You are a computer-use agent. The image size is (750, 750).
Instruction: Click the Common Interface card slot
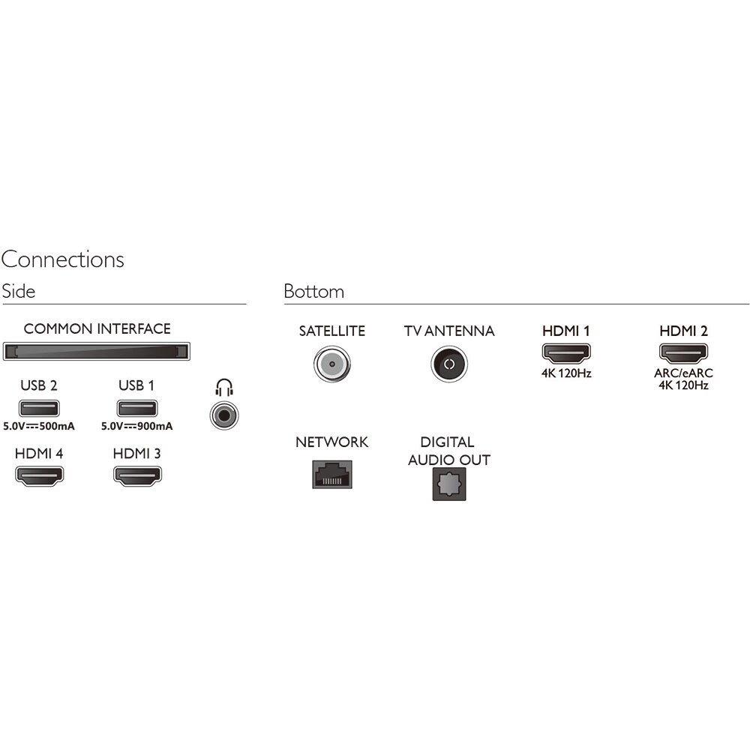[x=97, y=352]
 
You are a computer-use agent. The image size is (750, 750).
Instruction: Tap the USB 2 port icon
[x=39, y=409]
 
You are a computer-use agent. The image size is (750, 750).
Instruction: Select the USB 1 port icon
[x=137, y=409]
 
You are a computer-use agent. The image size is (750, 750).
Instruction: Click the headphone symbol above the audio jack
[x=224, y=388]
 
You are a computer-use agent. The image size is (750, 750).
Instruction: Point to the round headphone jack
[x=224, y=415]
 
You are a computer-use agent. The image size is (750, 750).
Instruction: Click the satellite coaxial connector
[x=332, y=364]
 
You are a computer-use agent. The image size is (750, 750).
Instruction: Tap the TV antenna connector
[x=449, y=364]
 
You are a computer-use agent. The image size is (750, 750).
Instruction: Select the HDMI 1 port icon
[x=566, y=353]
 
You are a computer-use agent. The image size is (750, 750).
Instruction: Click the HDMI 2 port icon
[x=683, y=353]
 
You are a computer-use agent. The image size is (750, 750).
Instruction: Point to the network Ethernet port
[x=332, y=475]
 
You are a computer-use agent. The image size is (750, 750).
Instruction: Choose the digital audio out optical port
[x=449, y=484]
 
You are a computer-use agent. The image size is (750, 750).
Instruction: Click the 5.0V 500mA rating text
[x=39, y=426]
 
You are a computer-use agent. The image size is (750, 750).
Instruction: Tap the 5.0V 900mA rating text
[x=137, y=426]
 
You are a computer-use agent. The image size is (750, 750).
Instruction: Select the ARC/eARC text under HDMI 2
[x=683, y=373]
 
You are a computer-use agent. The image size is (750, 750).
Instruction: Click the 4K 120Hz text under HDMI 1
[x=566, y=373]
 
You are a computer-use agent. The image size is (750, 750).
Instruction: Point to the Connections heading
[x=63, y=259]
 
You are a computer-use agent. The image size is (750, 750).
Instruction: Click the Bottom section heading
[x=313, y=291]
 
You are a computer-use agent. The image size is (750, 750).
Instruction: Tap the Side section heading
[x=19, y=291]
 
